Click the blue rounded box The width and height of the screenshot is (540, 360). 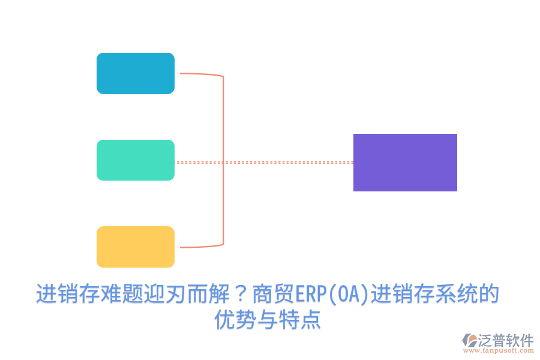[136, 73]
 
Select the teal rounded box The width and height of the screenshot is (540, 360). [136, 160]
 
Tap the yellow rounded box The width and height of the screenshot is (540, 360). [136, 247]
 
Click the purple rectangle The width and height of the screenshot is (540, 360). [405, 163]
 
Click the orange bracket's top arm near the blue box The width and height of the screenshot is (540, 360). [201, 74]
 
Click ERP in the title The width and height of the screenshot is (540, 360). [310, 294]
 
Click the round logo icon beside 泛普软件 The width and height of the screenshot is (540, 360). [469, 341]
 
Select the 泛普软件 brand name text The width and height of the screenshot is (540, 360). [505, 340]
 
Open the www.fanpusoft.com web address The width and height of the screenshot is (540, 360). [498, 352]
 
